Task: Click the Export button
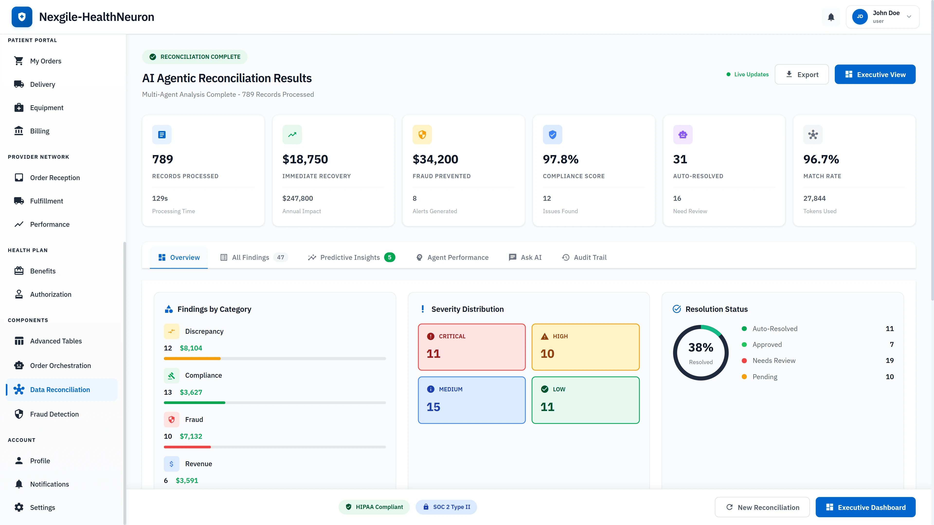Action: [802, 74]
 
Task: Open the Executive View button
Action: [875, 74]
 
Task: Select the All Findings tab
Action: [253, 257]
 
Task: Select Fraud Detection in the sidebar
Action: [54, 414]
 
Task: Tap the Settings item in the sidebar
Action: [42, 507]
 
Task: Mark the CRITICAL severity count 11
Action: [433, 354]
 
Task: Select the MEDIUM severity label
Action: [450, 389]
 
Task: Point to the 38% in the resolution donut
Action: [700, 348]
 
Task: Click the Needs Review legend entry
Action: [774, 360]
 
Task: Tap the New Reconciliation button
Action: [762, 507]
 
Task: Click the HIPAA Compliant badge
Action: [374, 507]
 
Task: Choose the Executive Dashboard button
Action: [865, 507]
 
